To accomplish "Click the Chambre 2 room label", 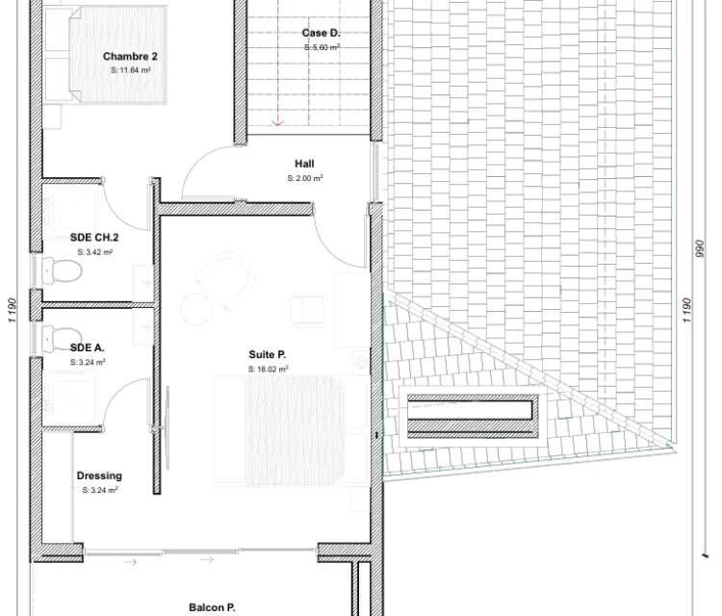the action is [130, 56].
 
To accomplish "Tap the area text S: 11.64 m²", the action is [131, 70].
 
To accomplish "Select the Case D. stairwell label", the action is [321, 33].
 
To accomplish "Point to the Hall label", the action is [304, 164].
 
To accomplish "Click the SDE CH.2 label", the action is [94, 238].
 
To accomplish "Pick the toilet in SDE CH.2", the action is [62, 270].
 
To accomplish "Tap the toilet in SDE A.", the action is [62, 336].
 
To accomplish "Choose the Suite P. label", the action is [268, 354].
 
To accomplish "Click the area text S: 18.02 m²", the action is [269, 369].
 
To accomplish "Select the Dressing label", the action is [99, 475].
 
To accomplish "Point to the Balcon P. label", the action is [212, 607].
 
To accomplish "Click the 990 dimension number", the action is [700, 248].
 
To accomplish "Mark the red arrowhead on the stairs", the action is [277, 122].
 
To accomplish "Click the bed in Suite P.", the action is [293, 431].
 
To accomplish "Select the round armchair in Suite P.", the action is [224, 280].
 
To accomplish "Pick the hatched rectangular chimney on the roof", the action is [473, 416].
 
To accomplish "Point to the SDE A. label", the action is [87, 347].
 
